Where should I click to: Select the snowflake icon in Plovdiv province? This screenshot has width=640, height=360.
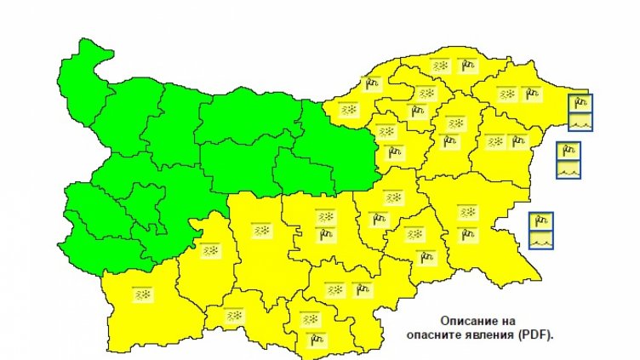coord(261,231)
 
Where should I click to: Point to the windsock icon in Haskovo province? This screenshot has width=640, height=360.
coord(363,291)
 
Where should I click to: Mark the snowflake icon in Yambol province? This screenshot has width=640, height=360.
coord(415,233)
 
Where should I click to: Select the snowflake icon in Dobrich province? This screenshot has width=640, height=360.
coord(508,93)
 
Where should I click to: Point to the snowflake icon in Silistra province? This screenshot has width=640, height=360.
coord(441,65)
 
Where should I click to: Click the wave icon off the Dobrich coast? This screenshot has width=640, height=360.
coord(580,122)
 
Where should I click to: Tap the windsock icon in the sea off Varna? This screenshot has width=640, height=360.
coord(569,151)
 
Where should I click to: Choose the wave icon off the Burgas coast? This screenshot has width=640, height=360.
coord(541,239)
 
